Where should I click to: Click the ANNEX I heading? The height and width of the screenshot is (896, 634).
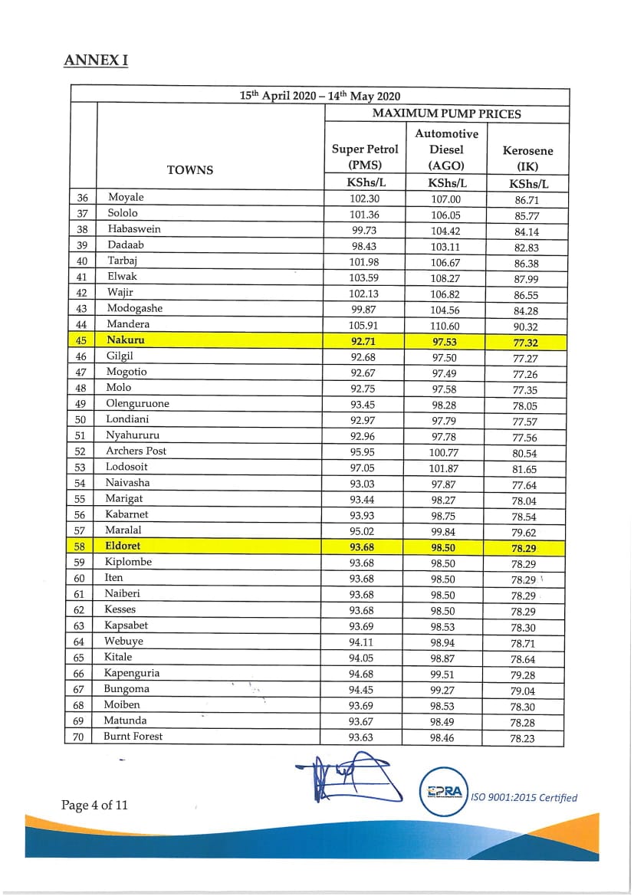pyautogui.click(x=96, y=60)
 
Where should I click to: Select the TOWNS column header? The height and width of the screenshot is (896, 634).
pyautogui.click(x=190, y=169)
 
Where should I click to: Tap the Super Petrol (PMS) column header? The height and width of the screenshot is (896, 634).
pyautogui.click(x=365, y=156)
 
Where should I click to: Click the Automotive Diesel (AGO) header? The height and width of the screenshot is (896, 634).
pyautogui.click(x=446, y=149)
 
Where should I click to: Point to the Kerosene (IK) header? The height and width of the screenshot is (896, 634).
pyautogui.click(x=527, y=158)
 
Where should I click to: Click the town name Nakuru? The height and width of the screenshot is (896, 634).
pyautogui.click(x=126, y=340)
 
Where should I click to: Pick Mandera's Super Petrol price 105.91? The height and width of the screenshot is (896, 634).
pyautogui.click(x=365, y=324)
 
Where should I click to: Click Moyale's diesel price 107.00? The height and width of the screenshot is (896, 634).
pyautogui.click(x=446, y=199)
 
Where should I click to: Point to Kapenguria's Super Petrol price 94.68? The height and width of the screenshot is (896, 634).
pyautogui.click(x=365, y=674)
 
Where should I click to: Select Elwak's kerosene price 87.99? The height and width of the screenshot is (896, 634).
pyautogui.click(x=527, y=279)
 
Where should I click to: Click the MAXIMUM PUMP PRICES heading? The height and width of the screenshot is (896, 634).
pyautogui.click(x=446, y=113)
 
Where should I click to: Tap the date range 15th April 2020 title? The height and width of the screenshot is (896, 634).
pyautogui.click(x=320, y=96)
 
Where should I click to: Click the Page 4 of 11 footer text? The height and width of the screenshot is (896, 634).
pyautogui.click(x=94, y=805)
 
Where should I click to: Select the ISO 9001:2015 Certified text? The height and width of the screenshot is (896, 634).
pyautogui.click(x=524, y=797)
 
